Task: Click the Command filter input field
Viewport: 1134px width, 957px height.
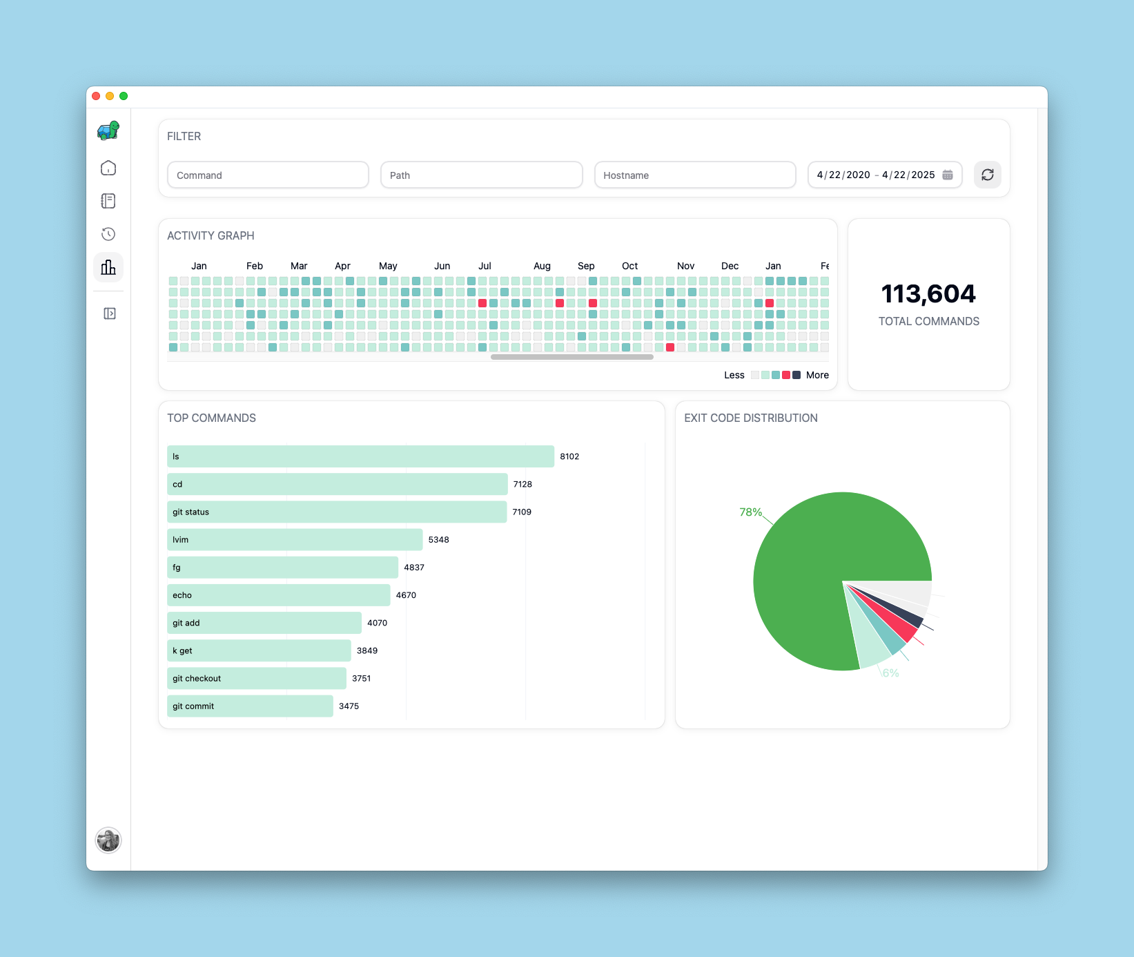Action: pyautogui.click(x=268, y=175)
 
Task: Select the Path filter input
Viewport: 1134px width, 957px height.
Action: pyautogui.click(x=481, y=175)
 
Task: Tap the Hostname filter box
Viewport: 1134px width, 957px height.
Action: pyautogui.click(x=695, y=175)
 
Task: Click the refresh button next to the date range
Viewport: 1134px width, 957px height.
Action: pyautogui.click(x=987, y=175)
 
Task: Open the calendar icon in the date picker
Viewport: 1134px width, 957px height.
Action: pyautogui.click(x=948, y=175)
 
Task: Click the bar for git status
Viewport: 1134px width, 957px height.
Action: pyautogui.click(x=337, y=512)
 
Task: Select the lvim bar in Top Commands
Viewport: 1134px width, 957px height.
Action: pyautogui.click(x=295, y=539)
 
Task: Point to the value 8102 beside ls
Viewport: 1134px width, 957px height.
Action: pyautogui.click(x=569, y=456)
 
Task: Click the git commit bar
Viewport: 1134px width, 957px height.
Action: pyautogui.click(x=250, y=706)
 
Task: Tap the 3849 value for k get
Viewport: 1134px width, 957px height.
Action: pyautogui.click(x=367, y=650)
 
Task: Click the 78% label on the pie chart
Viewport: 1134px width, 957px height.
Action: pyautogui.click(x=750, y=512)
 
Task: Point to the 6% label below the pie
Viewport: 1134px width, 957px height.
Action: pyautogui.click(x=891, y=673)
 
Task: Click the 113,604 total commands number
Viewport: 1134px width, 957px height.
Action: pyautogui.click(x=928, y=294)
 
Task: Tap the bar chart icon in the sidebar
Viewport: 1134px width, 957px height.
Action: pyautogui.click(x=108, y=267)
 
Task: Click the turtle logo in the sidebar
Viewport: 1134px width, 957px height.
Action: pyautogui.click(x=108, y=130)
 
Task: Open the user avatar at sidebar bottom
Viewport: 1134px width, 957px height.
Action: pyautogui.click(x=108, y=840)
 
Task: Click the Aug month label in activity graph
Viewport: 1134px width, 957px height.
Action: pyautogui.click(x=542, y=266)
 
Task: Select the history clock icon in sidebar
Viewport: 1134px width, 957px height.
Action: pyautogui.click(x=108, y=234)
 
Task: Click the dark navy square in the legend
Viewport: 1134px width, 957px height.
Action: pyautogui.click(x=796, y=375)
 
